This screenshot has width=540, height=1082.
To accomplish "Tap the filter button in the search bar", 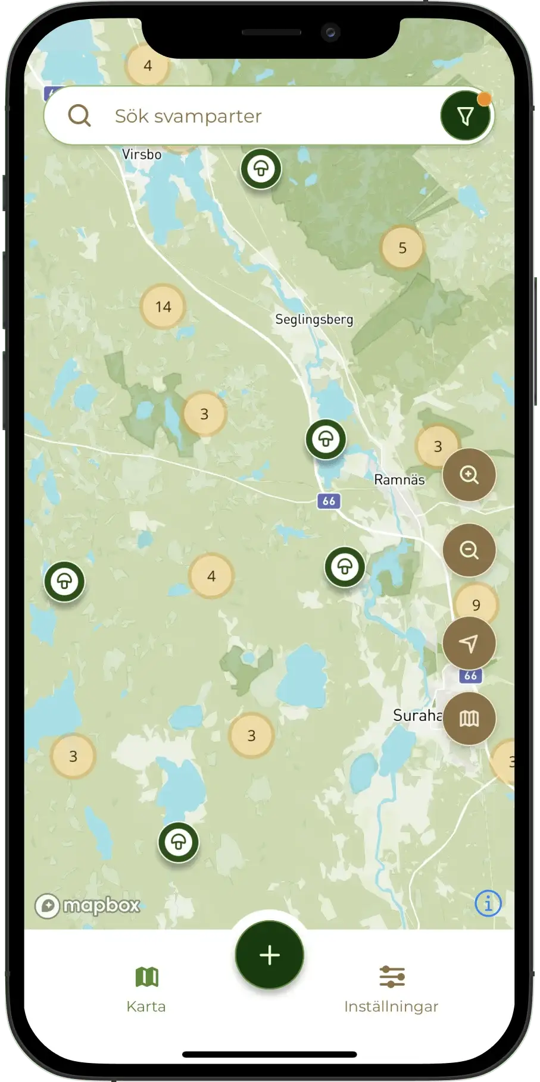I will (x=465, y=116).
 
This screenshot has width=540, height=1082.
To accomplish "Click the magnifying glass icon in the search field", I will (x=79, y=116).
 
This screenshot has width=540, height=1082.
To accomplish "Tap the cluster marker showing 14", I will (x=163, y=307).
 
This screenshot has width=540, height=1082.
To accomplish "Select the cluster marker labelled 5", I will (x=402, y=248).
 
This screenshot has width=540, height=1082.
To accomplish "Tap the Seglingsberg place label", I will (x=314, y=319).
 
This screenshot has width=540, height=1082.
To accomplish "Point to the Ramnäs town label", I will (x=399, y=479).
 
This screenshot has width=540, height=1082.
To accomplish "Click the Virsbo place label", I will (x=142, y=155).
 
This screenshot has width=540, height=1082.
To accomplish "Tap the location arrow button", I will (x=469, y=644).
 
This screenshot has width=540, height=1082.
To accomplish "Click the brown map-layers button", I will (x=469, y=719).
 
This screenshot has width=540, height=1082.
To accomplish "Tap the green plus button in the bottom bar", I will (x=270, y=955).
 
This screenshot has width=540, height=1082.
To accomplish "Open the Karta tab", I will (x=146, y=989).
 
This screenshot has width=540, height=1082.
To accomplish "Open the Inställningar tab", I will (x=391, y=989).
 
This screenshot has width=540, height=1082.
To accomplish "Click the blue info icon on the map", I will (x=488, y=904).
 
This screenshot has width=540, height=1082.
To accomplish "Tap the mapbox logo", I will (x=88, y=906).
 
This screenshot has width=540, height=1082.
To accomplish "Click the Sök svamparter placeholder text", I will (x=188, y=116).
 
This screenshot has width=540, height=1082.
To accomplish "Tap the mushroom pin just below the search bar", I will (x=261, y=169).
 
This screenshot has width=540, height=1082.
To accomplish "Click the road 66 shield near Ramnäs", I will (x=329, y=501).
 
